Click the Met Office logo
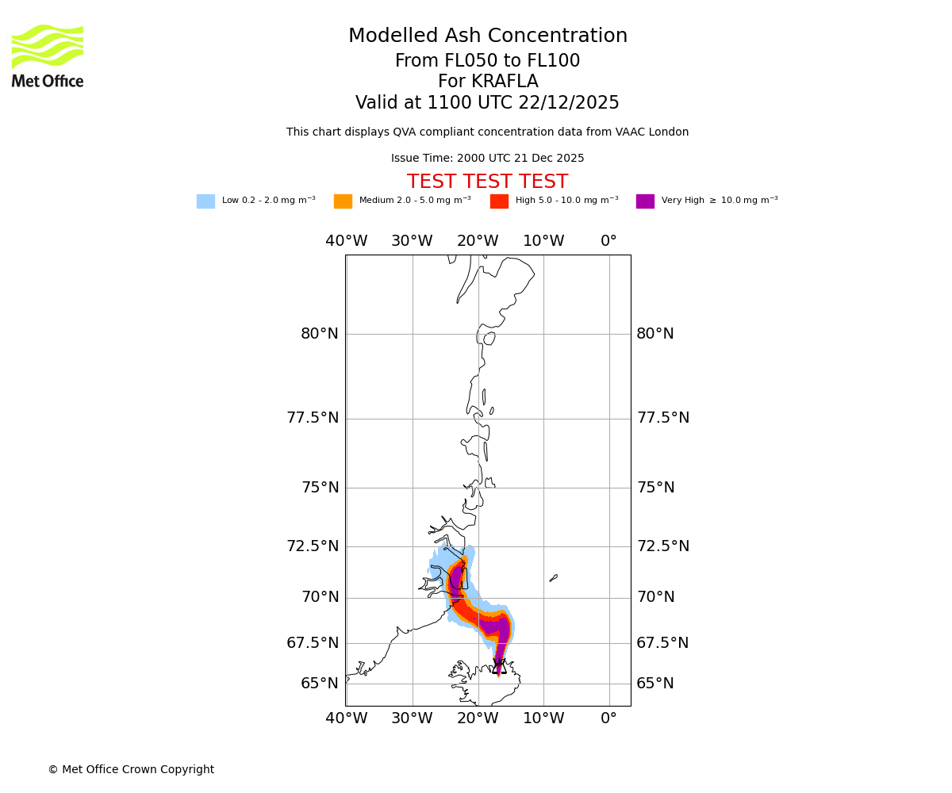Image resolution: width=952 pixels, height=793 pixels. click(x=48, y=56)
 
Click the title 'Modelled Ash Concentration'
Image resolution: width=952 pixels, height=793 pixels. click(x=488, y=36)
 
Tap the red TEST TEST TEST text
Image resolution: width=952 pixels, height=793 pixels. click(x=487, y=182)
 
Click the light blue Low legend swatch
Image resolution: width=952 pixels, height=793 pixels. click(x=205, y=201)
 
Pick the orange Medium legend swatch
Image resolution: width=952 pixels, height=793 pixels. click(x=343, y=201)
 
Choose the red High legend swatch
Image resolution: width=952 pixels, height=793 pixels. click(x=499, y=201)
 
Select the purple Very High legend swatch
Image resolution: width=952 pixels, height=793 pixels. click(x=645, y=201)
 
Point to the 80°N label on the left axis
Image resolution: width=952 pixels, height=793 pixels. click(x=320, y=334)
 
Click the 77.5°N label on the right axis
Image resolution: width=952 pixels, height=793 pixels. click(x=663, y=418)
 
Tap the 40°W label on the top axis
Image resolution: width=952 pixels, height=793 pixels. click(x=347, y=241)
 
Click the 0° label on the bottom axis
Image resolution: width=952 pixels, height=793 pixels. click(x=608, y=719)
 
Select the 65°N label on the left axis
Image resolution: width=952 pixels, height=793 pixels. click(x=320, y=684)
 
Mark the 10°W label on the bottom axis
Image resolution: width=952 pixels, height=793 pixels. click(x=543, y=719)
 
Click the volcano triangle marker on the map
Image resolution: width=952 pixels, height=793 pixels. click(x=499, y=667)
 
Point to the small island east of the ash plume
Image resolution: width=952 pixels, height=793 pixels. click(x=553, y=578)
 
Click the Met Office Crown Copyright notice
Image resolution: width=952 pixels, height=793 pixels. click(x=131, y=770)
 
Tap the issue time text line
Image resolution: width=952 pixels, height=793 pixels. click(x=487, y=159)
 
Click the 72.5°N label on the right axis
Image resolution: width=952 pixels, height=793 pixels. click(x=663, y=546)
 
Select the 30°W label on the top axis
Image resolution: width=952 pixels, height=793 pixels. click(x=412, y=241)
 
